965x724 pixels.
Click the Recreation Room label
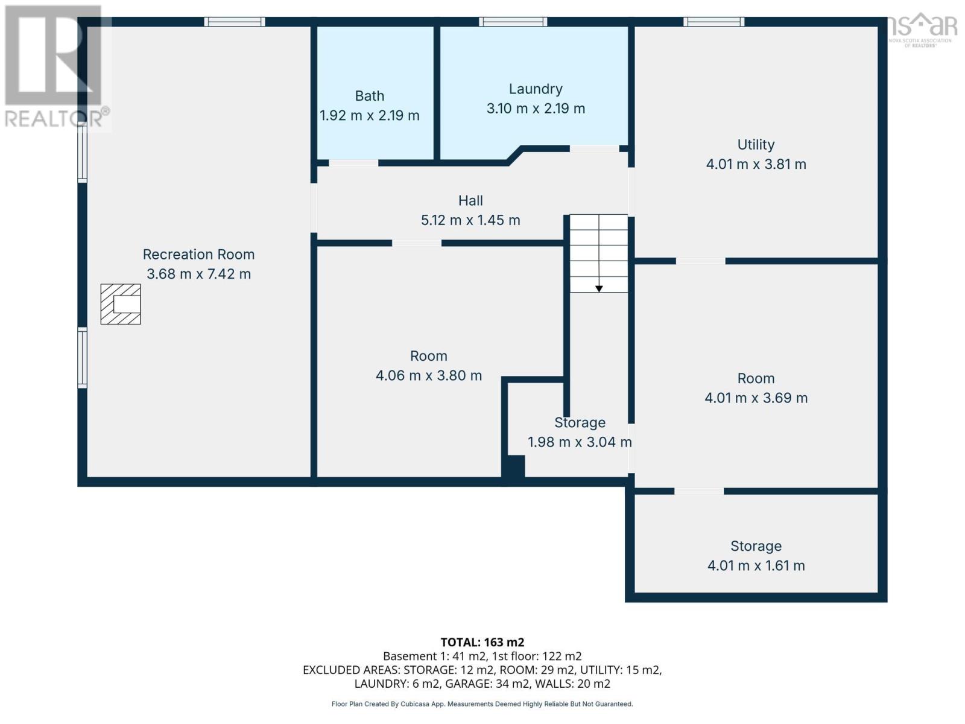tap(198, 255)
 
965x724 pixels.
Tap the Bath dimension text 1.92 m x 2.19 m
tap(369, 116)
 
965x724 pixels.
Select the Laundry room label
tap(536, 89)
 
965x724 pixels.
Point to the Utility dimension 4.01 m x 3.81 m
tap(756, 164)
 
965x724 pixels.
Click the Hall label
tap(470, 201)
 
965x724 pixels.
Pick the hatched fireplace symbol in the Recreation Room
tap(121, 304)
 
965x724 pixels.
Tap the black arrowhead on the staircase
tap(599, 289)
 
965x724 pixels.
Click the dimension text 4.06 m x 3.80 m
tap(429, 376)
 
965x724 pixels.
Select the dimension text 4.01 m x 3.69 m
tap(756, 398)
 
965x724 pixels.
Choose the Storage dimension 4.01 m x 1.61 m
tap(756, 566)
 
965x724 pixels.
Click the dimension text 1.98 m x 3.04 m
tap(580, 442)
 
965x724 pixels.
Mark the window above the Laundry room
tap(513, 22)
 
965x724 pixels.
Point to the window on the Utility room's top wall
tap(713, 22)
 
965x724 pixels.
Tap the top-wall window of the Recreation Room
tap(235, 22)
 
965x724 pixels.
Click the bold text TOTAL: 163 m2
tap(482, 643)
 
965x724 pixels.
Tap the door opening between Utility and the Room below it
tap(700, 261)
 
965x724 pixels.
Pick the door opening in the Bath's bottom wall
tap(353, 163)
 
